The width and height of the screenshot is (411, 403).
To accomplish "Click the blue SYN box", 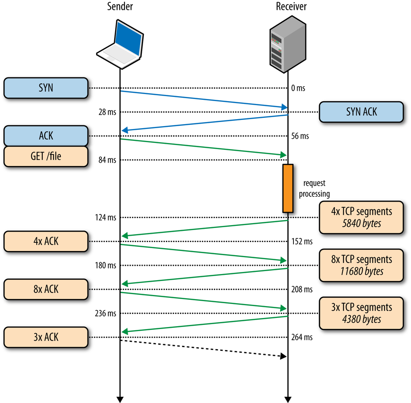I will click(x=46, y=88).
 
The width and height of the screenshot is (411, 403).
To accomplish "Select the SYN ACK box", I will click(x=361, y=112).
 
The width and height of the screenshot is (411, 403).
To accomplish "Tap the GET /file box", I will click(x=46, y=157).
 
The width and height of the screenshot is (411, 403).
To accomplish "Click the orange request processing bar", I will click(x=288, y=188).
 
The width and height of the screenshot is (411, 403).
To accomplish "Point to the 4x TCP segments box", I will click(x=361, y=217).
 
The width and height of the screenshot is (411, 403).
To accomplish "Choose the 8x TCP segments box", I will click(x=361, y=265).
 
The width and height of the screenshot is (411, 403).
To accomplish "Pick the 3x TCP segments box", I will click(x=361, y=313).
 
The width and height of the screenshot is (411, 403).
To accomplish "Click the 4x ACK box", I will click(x=46, y=241).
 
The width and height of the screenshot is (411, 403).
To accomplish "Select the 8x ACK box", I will click(x=46, y=289).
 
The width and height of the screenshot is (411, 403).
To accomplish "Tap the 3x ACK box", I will click(x=46, y=337).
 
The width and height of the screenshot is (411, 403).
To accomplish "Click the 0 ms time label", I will click(x=298, y=88).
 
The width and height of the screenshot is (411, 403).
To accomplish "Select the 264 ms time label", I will click(x=302, y=338).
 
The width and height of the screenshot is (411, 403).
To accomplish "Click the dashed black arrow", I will click(x=203, y=348).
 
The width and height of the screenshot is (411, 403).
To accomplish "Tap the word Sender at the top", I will click(x=120, y=6).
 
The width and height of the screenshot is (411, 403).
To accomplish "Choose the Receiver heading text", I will click(x=291, y=6).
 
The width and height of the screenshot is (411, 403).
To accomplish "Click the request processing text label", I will click(x=314, y=189).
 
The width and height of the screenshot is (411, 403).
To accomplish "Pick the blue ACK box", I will click(x=46, y=136).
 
